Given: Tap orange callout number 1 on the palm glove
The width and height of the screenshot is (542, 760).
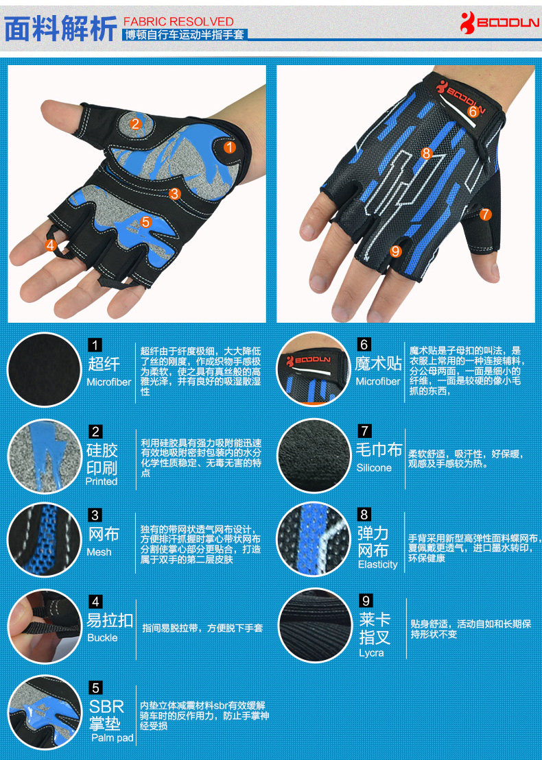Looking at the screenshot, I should (230, 147).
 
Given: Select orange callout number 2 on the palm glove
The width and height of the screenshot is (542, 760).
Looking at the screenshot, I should (135, 124).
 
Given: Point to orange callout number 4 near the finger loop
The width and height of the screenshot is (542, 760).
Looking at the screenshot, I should (50, 245).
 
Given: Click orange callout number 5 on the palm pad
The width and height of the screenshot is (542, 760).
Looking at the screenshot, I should (145, 221).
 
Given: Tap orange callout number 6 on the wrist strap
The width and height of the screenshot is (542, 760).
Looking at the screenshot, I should (473, 110).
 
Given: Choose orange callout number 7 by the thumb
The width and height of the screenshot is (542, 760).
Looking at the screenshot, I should (486, 214).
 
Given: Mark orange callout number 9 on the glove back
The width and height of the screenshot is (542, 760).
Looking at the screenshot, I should (395, 251).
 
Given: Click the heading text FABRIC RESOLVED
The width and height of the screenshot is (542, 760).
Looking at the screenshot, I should (178, 21).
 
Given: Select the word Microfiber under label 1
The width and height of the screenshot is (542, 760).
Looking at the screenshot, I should (108, 382).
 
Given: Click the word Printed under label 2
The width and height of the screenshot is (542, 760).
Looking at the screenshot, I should (102, 481).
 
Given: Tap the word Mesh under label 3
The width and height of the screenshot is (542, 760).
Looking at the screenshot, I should (99, 552).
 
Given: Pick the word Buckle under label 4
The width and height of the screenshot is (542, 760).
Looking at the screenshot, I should (102, 637).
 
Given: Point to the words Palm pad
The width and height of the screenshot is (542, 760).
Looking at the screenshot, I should (113, 737).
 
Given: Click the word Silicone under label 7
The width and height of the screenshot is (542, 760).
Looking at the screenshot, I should (374, 467).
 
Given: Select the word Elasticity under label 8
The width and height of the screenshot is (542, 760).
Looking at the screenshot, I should (377, 564).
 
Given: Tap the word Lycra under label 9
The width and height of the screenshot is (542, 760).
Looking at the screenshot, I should (371, 652).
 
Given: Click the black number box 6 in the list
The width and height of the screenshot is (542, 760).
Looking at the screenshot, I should (364, 345).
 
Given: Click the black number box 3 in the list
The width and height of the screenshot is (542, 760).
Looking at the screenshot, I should (95, 515).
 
